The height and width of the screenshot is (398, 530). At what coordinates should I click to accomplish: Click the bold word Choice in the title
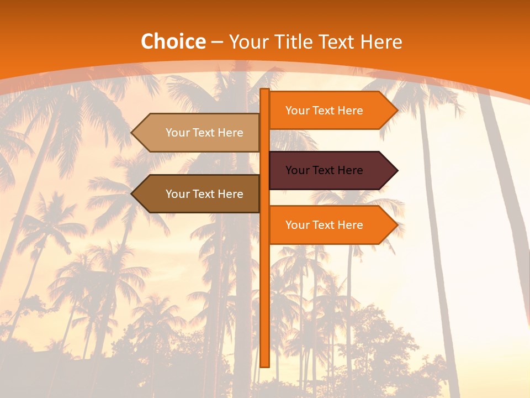click(x=173, y=41)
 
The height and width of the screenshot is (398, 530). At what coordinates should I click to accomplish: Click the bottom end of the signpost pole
click(x=265, y=365)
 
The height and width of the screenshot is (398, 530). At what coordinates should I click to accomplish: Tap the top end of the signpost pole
click(x=265, y=91)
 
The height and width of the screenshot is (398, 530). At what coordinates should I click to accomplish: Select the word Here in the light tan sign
click(x=230, y=133)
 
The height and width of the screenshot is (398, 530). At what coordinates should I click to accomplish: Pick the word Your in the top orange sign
click(x=297, y=111)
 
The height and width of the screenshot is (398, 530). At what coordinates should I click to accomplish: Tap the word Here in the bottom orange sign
click(x=350, y=225)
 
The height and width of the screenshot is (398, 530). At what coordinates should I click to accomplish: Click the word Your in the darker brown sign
click(x=177, y=194)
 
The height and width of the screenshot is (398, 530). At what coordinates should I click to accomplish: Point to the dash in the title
click(x=217, y=42)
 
